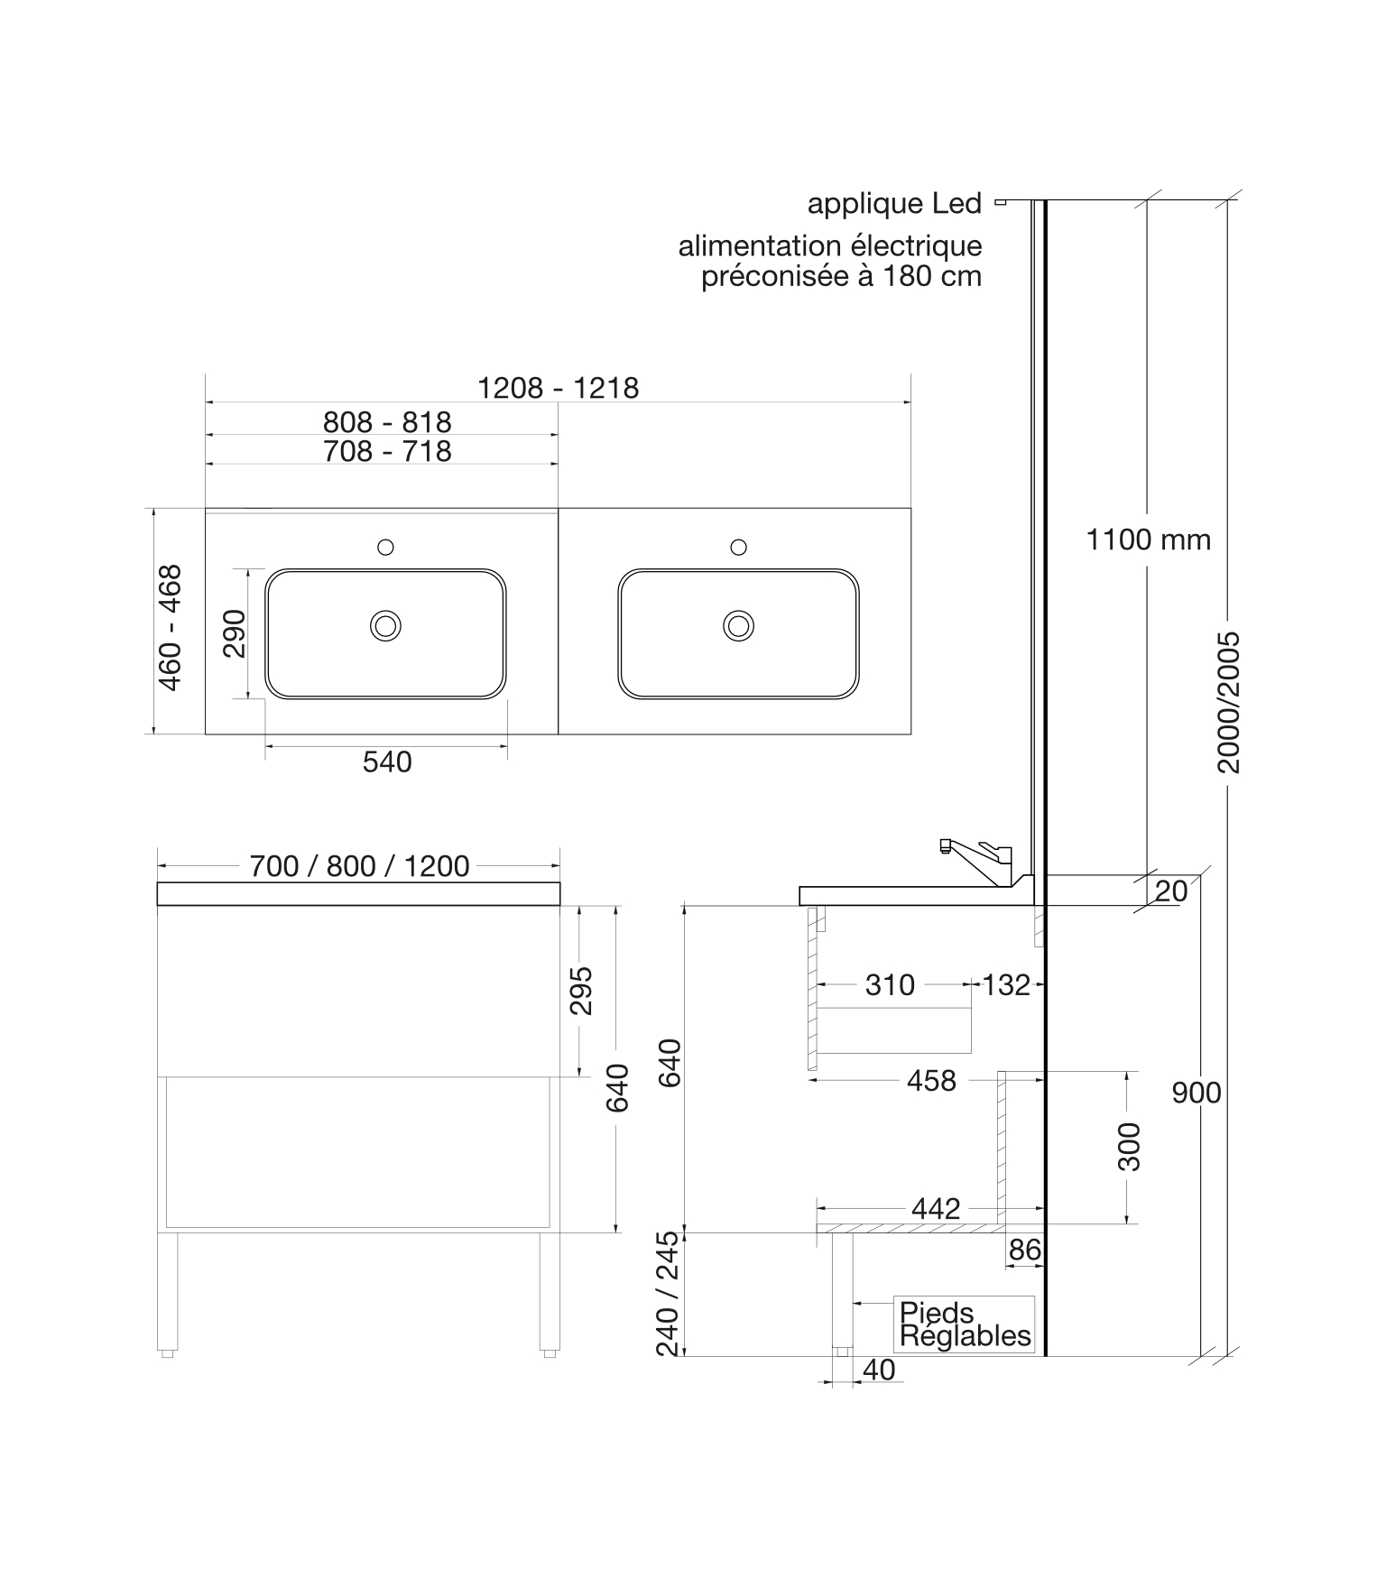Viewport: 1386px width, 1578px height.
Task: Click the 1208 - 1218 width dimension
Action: coord(558,388)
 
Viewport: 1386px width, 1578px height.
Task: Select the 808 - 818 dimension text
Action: coord(387,422)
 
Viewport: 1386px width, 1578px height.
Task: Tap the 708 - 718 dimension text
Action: coord(387,451)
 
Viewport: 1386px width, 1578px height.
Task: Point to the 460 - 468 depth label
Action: coord(170,628)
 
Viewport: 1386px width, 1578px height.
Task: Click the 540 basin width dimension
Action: coord(387,762)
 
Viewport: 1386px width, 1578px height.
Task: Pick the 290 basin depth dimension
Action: coord(234,633)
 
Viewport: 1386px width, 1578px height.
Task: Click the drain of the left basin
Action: coord(385,625)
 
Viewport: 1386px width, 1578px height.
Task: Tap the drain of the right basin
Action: coord(739,625)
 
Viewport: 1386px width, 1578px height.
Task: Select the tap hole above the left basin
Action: coord(385,547)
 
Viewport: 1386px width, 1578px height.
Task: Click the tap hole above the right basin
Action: coord(738,547)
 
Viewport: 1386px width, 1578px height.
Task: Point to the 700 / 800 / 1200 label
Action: coord(359,866)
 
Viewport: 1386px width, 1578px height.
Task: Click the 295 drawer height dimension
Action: coord(582,990)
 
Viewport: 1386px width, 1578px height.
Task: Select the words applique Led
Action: coord(894,204)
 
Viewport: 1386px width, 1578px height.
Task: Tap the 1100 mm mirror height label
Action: coord(1148,540)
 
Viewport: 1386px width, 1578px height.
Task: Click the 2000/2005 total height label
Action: coord(1229,702)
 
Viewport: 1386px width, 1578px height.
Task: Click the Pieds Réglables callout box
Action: coord(965,1324)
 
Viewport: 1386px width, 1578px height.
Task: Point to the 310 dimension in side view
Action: coord(890,985)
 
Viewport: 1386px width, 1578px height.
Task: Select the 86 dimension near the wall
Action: coord(1025,1250)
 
